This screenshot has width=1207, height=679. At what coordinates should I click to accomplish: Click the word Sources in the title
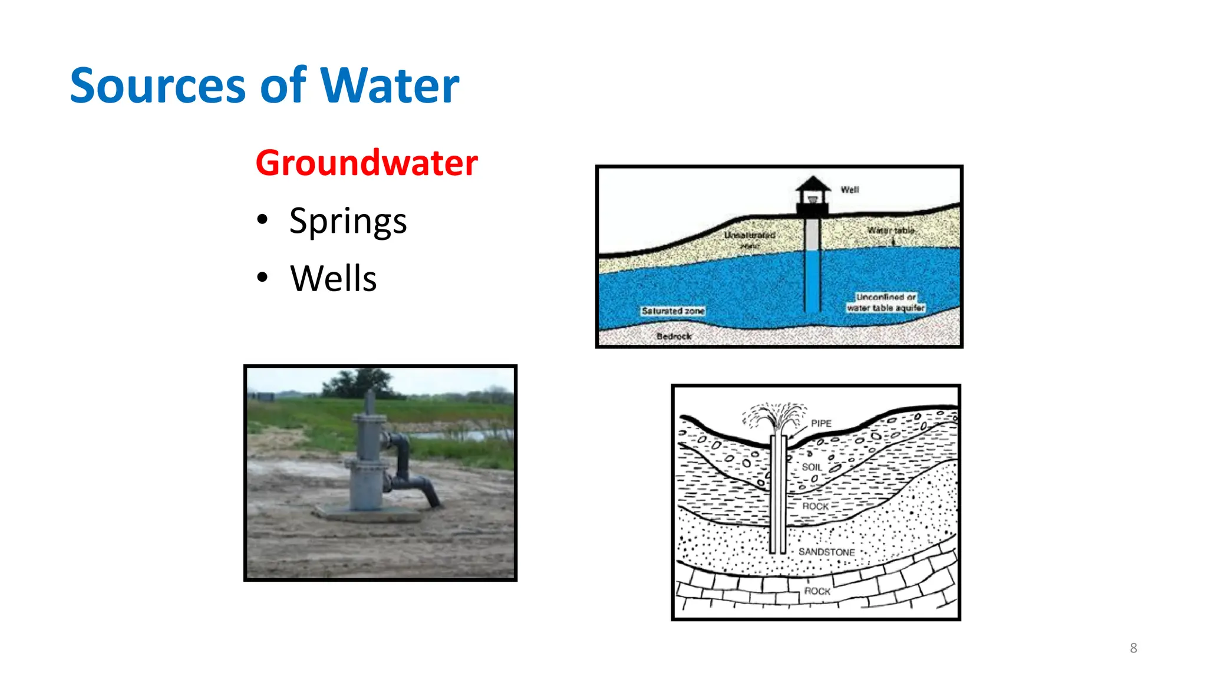click(x=157, y=86)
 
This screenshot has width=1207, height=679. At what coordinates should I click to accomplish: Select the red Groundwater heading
click(x=366, y=163)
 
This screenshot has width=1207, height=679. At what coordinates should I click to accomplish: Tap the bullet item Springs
click(x=348, y=222)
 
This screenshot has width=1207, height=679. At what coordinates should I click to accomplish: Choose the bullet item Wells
click(x=333, y=278)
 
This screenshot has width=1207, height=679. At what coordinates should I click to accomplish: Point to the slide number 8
click(x=1133, y=648)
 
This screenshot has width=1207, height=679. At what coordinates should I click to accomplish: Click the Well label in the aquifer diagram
click(x=849, y=190)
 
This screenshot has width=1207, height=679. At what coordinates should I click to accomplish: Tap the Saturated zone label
click(x=673, y=311)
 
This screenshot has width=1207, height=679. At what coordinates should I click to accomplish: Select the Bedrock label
click(x=674, y=337)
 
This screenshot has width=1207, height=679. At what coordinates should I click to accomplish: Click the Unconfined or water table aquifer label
click(x=886, y=302)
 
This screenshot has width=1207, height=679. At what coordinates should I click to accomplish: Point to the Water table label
click(x=891, y=230)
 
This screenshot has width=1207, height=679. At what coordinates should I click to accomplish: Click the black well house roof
click(x=813, y=183)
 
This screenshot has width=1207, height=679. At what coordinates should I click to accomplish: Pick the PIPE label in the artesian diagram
click(x=821, y=424)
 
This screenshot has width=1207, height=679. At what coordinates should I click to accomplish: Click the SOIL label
click(x=812, y=467)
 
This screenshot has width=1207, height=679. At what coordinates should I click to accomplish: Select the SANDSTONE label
click(x=826, y=552)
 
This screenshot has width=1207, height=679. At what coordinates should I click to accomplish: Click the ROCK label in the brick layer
click(x=817, y=591)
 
